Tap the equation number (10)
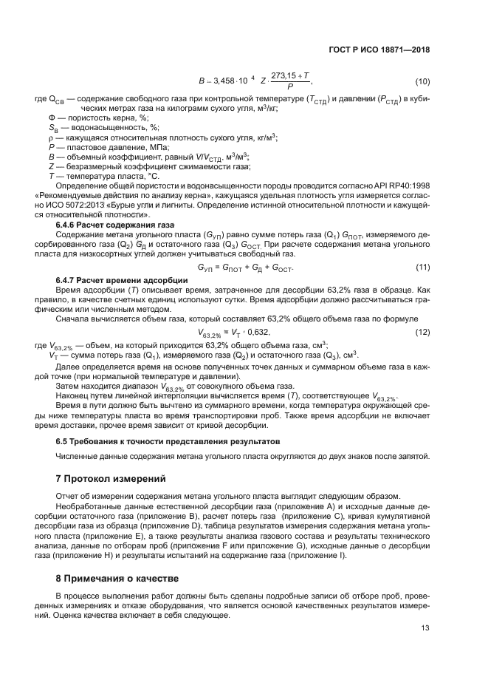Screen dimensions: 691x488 [x=422, y=81]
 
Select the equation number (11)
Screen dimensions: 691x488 [x=422, y=266]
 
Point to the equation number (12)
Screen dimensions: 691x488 [x=422, y=313]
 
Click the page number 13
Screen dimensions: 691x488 [x=424, y=629]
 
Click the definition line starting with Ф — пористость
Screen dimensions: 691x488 [x=98, y=117]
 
